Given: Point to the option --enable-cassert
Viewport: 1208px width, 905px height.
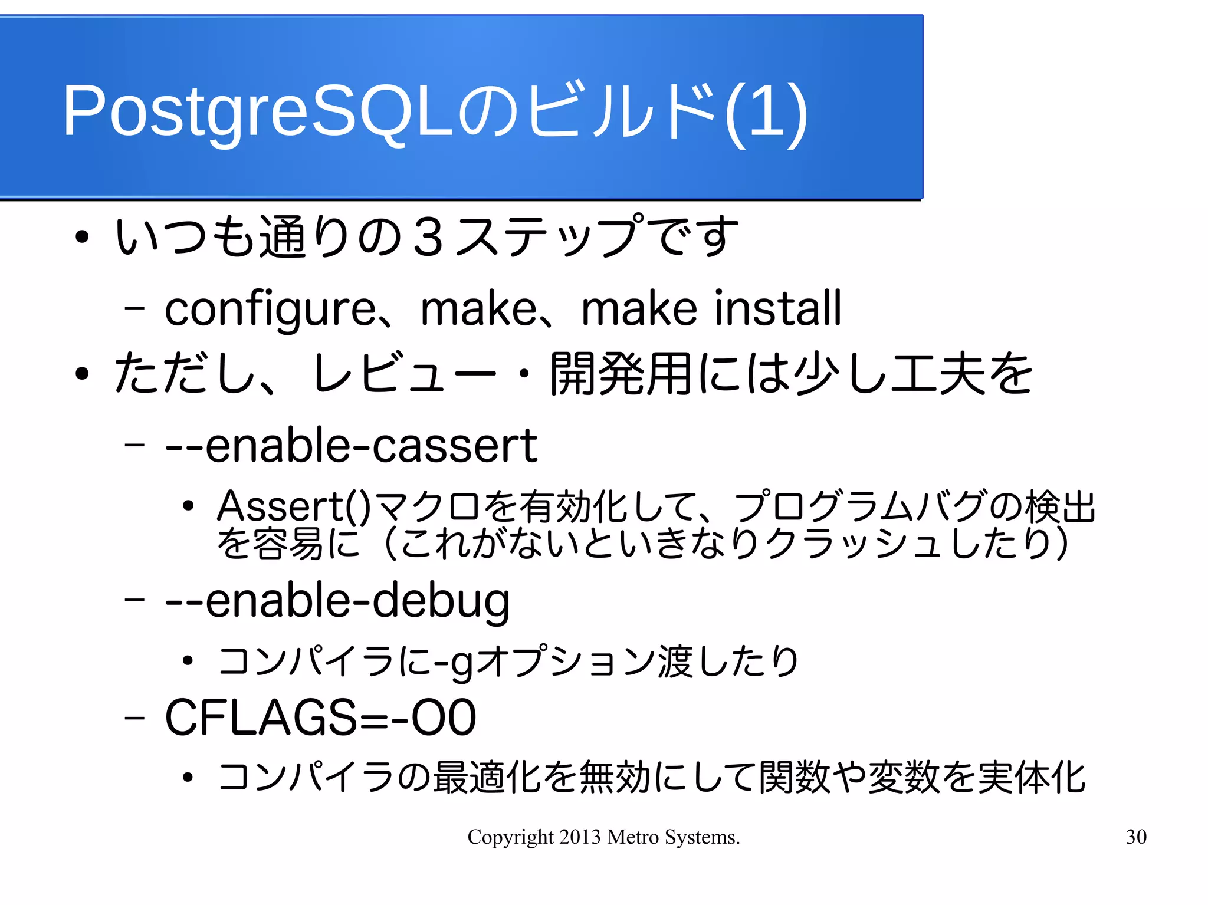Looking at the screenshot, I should (351, 446).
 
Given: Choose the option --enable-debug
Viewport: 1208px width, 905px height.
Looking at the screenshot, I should (337, 601).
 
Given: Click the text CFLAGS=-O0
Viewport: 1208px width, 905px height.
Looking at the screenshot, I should (320, 718).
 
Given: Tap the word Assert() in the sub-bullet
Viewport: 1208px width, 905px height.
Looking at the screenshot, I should (294, 506).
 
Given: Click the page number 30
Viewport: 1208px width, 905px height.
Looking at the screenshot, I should (1136, 837).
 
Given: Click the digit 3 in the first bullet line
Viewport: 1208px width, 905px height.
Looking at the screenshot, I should (428, 237).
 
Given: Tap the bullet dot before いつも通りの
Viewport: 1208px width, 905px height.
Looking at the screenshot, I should (82, 238).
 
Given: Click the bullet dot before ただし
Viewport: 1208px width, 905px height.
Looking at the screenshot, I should (82, 374).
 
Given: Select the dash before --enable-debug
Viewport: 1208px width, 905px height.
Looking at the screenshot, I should (134, 600).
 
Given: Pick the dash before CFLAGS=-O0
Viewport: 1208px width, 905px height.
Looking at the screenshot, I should (134, 718).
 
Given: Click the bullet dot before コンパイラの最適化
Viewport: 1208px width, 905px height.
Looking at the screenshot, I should (188, 777).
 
